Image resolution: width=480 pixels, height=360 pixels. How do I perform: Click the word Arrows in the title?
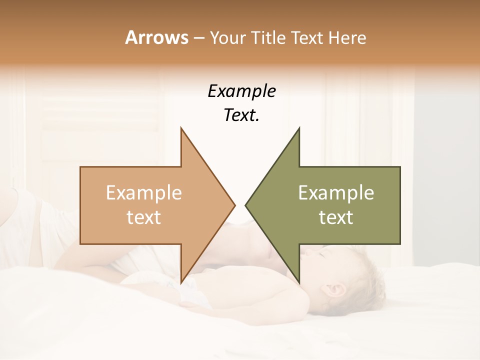pyautogui.click(x=156, y=38)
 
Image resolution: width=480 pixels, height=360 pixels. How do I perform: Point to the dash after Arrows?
pyautogui.click(x=199, y=38)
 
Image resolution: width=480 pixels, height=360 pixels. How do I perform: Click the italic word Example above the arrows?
pyautogui.click(x=242, y=91)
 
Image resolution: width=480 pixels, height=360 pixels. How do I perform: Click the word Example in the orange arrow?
pyautogui.click(x=144, y=193)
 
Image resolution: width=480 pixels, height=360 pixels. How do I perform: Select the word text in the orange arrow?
pyautogui.click(x=144, y=217)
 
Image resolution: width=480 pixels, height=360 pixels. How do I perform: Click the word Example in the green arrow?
pyautogui.click(x=336, y=193)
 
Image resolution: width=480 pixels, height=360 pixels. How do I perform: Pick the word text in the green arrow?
pyautogui.click(x=336, y=217)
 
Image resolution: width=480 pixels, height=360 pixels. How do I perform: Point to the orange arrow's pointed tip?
pyautogui.click(x=234, y=205)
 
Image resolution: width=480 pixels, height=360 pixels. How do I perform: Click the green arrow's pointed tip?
pyautogui.click(x=246, y=205)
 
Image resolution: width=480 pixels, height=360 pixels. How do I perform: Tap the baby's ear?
pyautogui.click(x=335, y=290)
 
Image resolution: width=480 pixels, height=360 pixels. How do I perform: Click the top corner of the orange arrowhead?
pyautogui.click(x=181, y=128)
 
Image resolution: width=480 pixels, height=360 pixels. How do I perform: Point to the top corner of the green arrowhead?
pyautogui.click(x=299, y=128)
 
